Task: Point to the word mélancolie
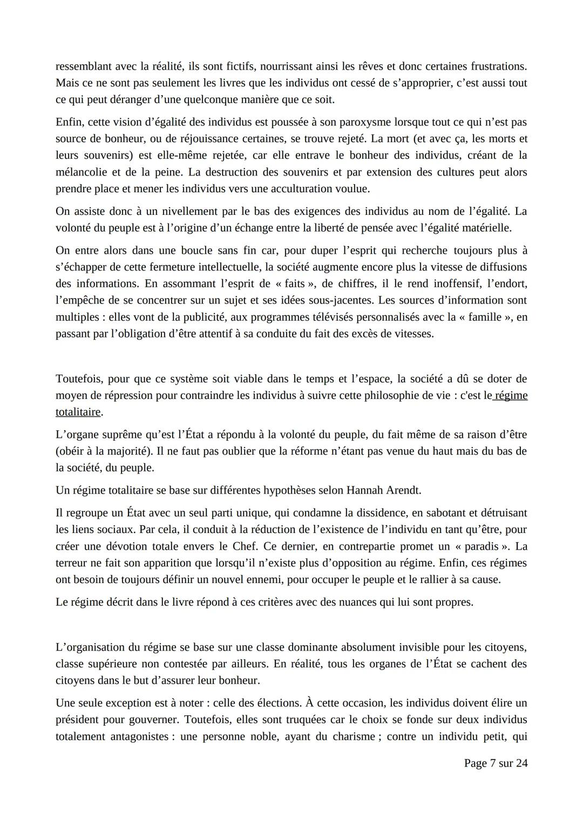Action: pos(82,172)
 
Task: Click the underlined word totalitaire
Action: pos(78,412)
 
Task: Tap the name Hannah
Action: pos(365,490)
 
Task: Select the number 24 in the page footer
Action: pos(521,763)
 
